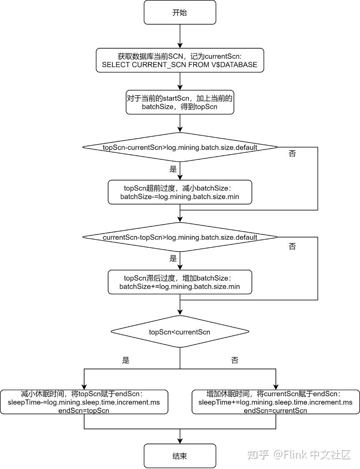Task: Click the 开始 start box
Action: (180, 12)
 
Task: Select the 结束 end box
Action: (180, 456)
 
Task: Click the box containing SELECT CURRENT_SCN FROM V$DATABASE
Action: (180, 60)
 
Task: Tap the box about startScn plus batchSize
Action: (180, 102)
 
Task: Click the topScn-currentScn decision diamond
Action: (180, 147)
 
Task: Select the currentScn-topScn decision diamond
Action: (180, 237)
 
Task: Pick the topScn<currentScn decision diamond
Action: (180, 332)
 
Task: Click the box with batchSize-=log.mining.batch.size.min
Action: (180, 192)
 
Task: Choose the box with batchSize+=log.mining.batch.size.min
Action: (180, 282)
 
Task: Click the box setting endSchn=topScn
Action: (84, 402)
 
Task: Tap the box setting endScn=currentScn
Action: (275, 402)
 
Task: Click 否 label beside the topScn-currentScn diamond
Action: (292, 153)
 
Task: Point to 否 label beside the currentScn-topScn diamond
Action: (292, 246)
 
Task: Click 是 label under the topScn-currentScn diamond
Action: (173, 169)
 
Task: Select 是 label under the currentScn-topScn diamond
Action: (173, 258)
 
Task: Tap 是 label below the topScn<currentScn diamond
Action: (126, 360)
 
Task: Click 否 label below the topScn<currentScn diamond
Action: (235, 360)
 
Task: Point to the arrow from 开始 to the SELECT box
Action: (180, 36)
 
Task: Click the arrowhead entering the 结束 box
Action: (180, 441)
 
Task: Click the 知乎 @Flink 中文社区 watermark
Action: (299, 455)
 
